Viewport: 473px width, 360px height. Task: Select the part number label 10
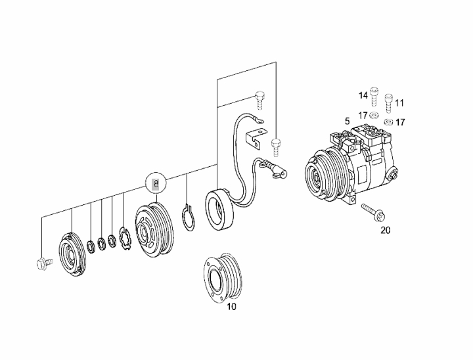[231, 307]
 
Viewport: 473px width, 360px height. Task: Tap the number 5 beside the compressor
[348, 122]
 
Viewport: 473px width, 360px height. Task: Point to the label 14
[363, 96]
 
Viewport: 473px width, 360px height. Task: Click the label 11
[399, 103]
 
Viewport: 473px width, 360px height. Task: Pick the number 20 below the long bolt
[386, 230]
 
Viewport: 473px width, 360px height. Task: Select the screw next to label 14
[374, 97]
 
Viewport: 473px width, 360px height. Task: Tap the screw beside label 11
[388, 104]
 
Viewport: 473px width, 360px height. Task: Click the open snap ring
[189, 217]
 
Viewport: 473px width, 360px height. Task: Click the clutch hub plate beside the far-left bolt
[72, 255]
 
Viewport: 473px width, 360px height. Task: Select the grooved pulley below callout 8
[154, 230]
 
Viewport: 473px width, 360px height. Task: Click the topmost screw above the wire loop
[259, 101]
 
